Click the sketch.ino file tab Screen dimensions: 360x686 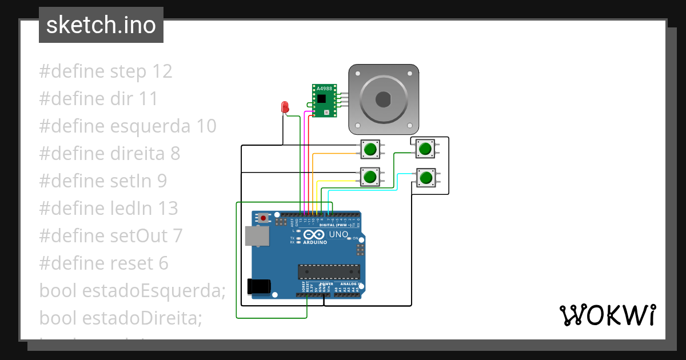101,25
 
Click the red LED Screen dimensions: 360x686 285,107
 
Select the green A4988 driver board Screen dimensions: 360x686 324,101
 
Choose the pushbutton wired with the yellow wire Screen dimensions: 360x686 370,177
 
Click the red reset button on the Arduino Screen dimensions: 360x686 262,218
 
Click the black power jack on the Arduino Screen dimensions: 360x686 258,286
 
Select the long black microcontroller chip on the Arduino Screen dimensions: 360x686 329,273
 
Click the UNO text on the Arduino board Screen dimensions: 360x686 339,234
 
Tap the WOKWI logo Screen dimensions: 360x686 607,315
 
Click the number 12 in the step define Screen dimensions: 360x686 162,71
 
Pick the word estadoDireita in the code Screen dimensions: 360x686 142,318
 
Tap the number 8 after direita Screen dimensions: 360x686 174,154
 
